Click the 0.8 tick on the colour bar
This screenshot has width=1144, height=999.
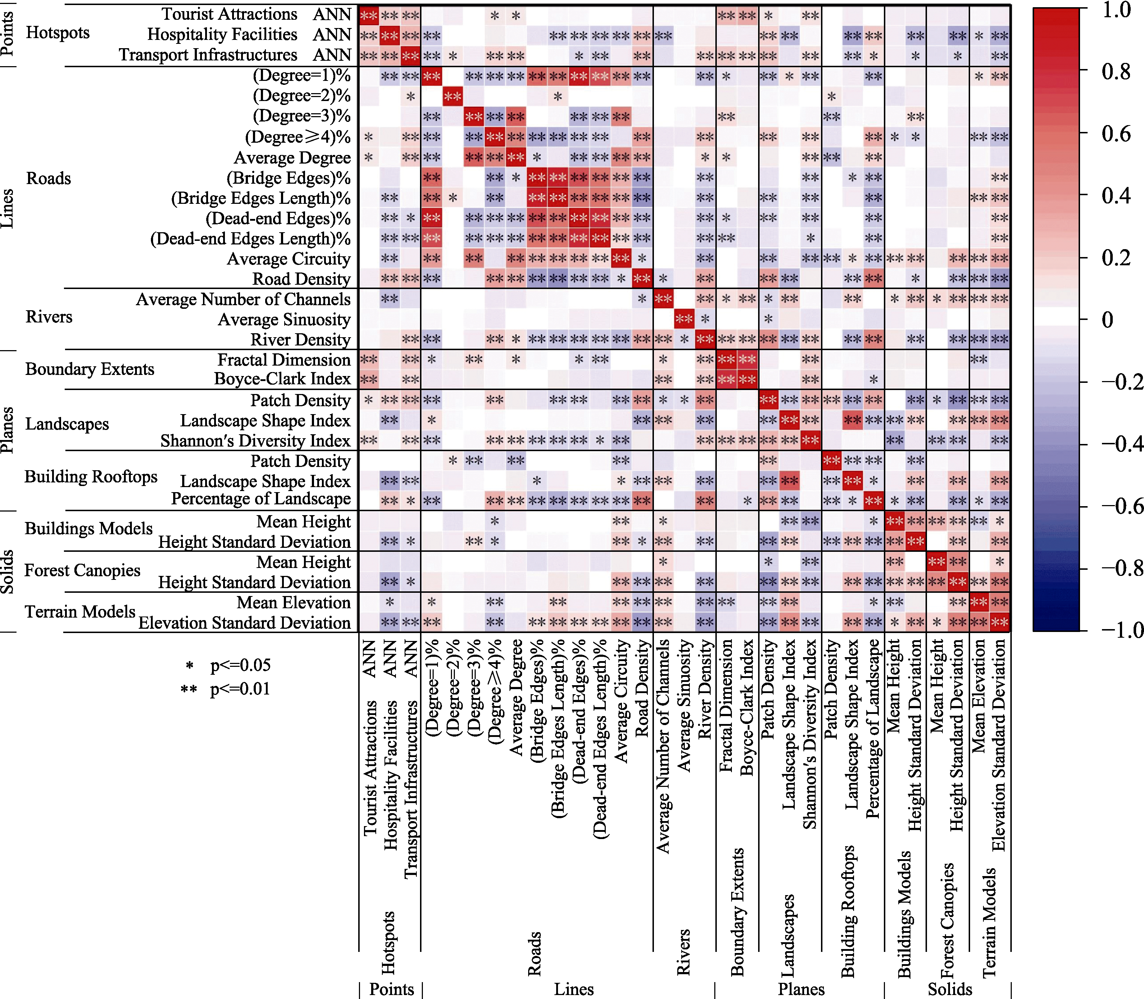(x=1116, y=71)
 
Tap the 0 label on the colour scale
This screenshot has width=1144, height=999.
(x=1108, y=320)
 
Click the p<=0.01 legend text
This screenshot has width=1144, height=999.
(x=240, y=689)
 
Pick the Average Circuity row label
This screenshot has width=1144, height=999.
(x=289, y=259)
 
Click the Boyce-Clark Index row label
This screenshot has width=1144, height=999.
(x=282, y=379)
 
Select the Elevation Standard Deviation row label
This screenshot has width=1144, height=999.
(x=245, y=623)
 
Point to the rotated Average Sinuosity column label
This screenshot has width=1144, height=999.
(x=684, y=705)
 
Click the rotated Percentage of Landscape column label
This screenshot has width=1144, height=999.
(x=873, y=728)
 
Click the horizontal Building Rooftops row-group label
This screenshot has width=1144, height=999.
(x=91, y=477)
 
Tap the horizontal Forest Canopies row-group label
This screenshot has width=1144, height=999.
(x=83, y=570)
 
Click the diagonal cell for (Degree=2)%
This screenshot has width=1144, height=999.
(x=452, y=96)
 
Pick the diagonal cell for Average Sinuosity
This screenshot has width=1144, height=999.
(x=684, y=320)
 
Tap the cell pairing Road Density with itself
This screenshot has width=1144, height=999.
(x=642, y=279)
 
